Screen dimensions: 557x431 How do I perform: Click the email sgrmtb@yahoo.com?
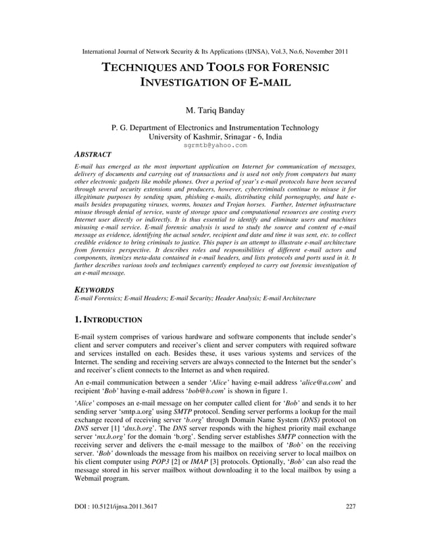point(215,144)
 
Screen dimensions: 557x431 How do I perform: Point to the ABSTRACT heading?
point(93,154)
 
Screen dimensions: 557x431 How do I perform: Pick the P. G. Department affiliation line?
point(215,127)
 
